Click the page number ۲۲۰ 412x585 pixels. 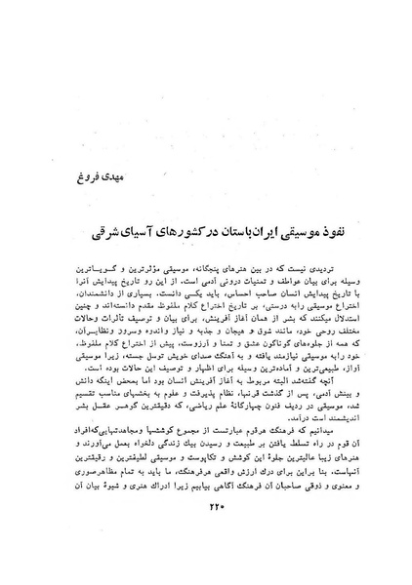coord(205,532)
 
